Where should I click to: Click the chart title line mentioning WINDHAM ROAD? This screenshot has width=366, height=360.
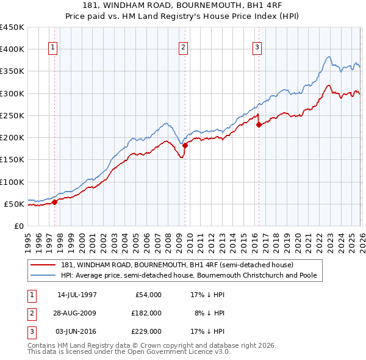click(x=183, y=5)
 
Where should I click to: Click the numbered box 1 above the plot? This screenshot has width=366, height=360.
click(x=53, y=48)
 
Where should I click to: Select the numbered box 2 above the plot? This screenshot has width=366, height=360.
click(x=183, y=48)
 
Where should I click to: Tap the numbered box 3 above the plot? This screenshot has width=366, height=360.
click(x=257, y=48)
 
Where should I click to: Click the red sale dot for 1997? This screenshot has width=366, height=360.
click(x=55, y=202)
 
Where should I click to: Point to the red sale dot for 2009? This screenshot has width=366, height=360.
click(x=185, y=145)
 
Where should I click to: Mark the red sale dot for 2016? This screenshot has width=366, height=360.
click(x=258, y=124)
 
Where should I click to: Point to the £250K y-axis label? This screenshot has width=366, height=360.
click(x=12, y=115)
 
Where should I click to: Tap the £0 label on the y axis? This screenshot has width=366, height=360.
click(x=19, y=226)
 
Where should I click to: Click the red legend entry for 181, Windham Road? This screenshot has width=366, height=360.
click(x=177, y=265)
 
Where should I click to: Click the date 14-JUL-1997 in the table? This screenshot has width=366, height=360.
click(x=77, y=295)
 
